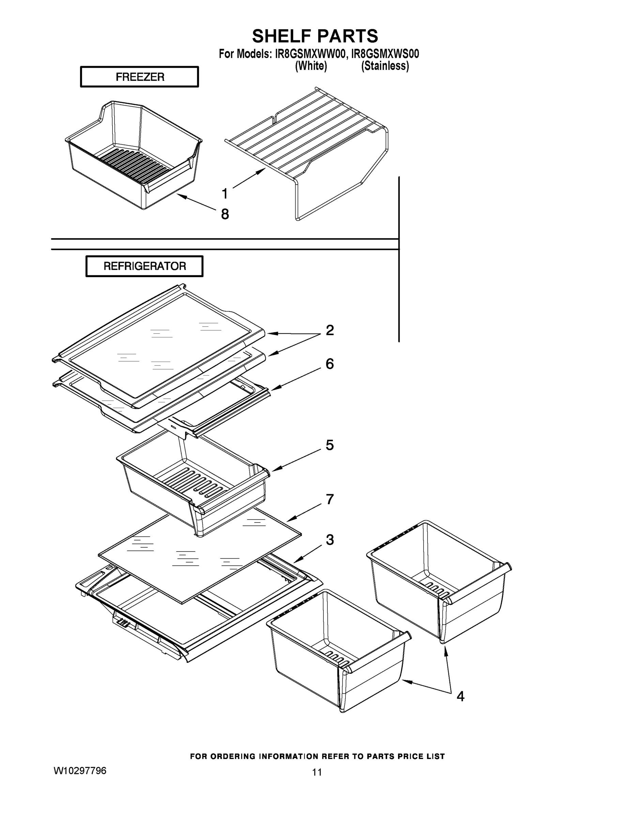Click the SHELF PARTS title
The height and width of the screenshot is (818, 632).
[315, 36]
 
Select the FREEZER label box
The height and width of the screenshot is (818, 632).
[139, 77]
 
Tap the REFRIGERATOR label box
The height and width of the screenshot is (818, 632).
[144, 266]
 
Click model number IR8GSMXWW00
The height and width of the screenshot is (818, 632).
[309, 54]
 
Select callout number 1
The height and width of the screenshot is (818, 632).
[225, 194]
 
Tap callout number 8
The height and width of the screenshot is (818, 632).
[225, 214]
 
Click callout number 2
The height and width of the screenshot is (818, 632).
[329, 330]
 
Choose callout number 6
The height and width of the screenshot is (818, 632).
[329, 364]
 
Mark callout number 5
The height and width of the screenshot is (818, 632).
[329, 445]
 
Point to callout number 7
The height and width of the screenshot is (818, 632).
[329, 499]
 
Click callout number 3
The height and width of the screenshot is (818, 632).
[329, 540]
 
